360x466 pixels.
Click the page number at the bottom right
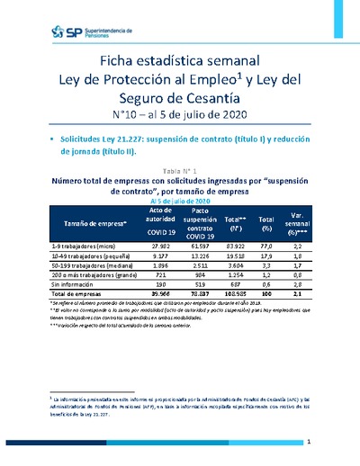[309, 442]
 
